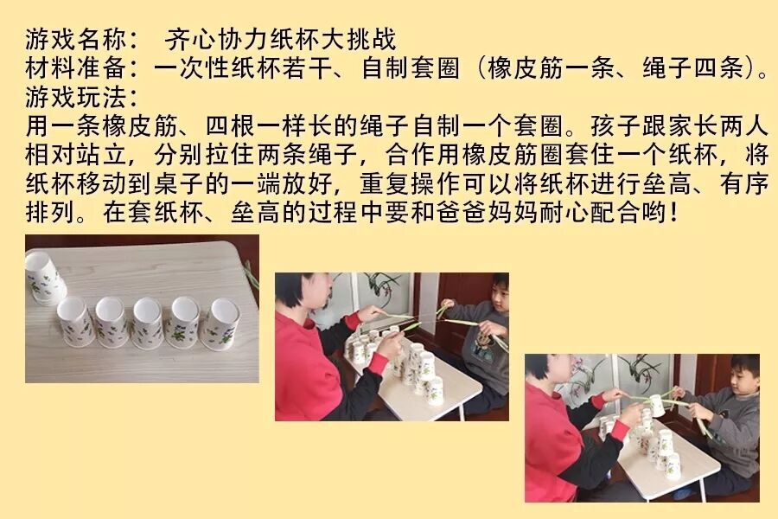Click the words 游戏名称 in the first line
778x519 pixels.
pyautogui.click(x=76, y=39)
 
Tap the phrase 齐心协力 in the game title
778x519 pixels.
pyautogui.click(x=216, y=39)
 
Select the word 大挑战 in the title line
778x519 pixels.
pyautogui.click(x=358, y=39)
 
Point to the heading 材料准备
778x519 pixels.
pyautogui.click(x=76, y=68)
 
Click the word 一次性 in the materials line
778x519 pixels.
pyautogui.click(x=192, y=68)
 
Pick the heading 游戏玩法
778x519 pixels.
pyautogui.click(x=76, y=97)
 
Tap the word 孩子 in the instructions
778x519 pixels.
pyautogui.click(x=615, y=125)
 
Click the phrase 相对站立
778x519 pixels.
pyautogui.click(x=76, y=155)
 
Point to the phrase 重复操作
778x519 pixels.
pyautogui.click(x=411, y=183)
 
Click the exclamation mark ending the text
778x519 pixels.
pyautogui.click(x=673, y=212)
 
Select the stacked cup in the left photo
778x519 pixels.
pyautogui.click(x=45, y=277)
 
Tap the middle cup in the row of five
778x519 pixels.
pyautogui.click(x=148, y=323)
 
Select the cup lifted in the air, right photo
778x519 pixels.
pyautogui.click(x=657, y=405)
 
